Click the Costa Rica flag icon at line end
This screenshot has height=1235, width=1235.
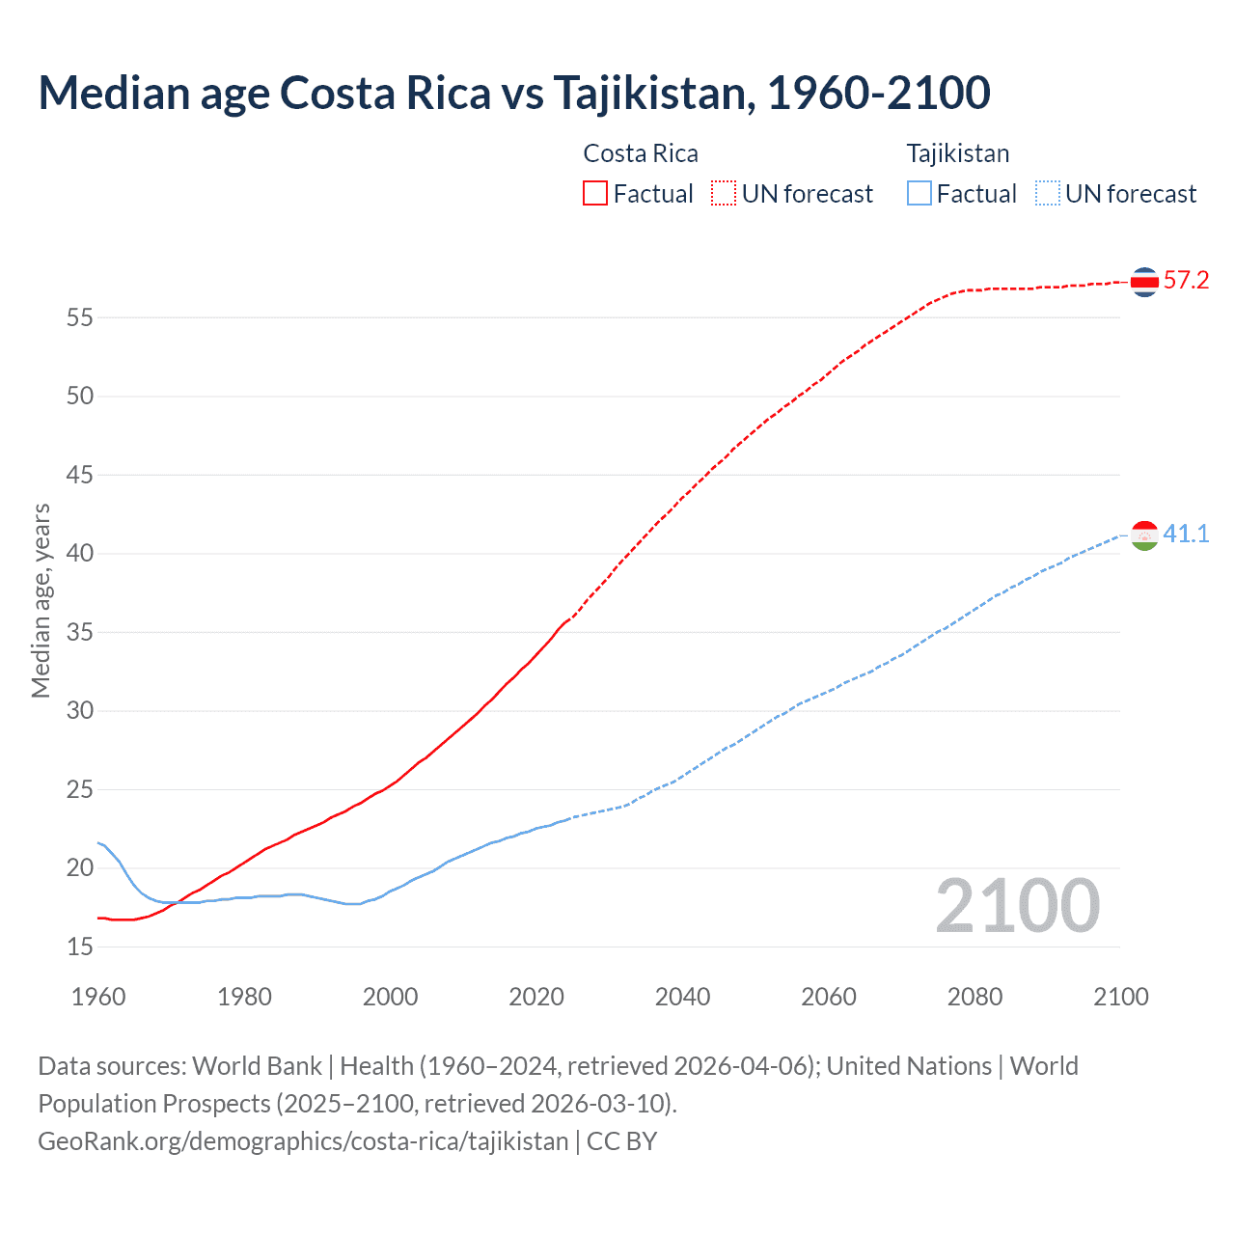(x=1144, y=282)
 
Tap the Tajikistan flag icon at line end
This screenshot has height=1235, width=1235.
(x=1144, y=535)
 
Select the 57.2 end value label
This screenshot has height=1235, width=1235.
(x=1186, y=281)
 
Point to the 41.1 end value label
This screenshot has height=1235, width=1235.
(x=1186, y=534)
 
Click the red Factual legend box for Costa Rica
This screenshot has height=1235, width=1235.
(x=595, y=194)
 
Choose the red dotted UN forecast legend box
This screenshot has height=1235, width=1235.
(x=724, y=194)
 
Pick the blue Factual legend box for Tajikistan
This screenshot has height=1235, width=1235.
(x=919, y=194)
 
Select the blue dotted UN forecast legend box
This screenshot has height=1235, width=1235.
(x=1047, y=194)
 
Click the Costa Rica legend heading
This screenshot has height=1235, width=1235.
(x=641, y=153)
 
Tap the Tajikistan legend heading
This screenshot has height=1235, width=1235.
(x=957, y=153)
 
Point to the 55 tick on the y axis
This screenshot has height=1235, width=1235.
(x=80, y=317)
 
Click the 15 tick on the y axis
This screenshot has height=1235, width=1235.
(x=80, y=947)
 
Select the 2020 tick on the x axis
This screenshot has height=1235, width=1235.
(x=536, y=997)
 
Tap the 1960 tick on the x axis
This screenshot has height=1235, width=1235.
(x=98, y=997)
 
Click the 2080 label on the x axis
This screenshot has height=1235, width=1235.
(x=974, y=997)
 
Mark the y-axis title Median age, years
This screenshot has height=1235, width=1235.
(x=41, y=600)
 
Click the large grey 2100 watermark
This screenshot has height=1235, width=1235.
(x=1017, y=906)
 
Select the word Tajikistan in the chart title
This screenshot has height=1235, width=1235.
(x=649, y=94)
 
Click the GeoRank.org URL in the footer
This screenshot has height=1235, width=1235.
(x=303, y=1141)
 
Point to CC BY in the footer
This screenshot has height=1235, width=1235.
(x=622, y=1141)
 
